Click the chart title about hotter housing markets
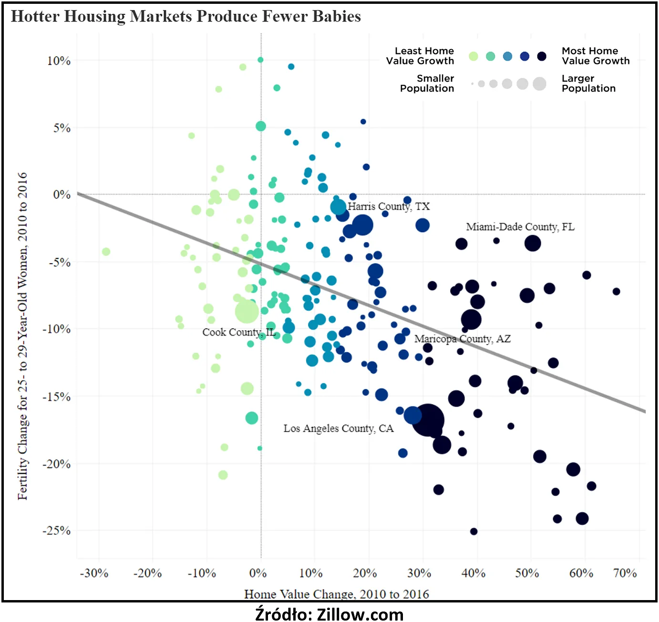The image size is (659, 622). coord(186,16)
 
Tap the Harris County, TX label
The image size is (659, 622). coord(389,206)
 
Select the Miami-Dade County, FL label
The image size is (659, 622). coord(520,227)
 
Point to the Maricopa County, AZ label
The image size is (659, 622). coord(462,339)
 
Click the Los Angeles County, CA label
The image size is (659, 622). coord(339,428)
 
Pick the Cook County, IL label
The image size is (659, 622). coord(239,332)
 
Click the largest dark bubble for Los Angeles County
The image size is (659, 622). coord(428,420)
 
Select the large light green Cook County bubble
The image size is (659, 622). coord(247,312)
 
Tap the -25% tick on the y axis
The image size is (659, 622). coord(57,531)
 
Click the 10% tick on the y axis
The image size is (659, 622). coord(59,61)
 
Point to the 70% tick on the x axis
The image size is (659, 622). coord(625,573)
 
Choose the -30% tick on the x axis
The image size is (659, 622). coord(94,573)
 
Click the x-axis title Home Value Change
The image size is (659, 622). coord(336,594)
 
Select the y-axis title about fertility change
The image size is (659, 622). coord(22,336)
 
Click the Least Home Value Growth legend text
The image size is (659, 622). coord(420,56)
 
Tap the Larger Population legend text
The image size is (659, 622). coord(588,83)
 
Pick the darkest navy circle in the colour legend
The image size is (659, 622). coord(542,56)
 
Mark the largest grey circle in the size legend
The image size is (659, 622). coord(539,84)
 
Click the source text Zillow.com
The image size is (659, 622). coord(329,614)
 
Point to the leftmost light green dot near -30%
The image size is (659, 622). coord(106,252)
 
